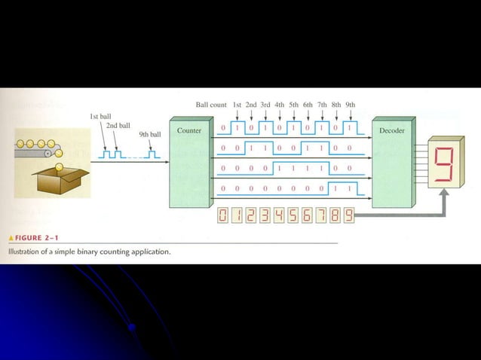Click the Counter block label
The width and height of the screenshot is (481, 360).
tap(188, 130)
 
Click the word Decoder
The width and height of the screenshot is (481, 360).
tap(393, 130)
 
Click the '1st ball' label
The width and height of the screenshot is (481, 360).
tap(101, 117)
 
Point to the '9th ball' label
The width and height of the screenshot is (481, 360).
tap(150, 134)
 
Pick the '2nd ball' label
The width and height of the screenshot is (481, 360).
tap(118, 125)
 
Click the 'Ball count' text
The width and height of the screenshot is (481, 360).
tap(211, 105)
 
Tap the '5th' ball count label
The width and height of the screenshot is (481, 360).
tap(293, 105)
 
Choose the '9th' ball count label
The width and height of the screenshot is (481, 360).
tap(350, 105)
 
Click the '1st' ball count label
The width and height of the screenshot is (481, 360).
tap(237, 105)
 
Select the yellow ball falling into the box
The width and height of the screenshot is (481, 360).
tap(57, 158)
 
